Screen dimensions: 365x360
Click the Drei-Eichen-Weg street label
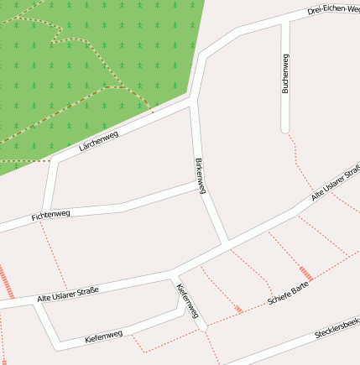tap(333, 9)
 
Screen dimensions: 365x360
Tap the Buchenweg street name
tap(285, 74)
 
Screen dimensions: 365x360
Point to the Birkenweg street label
tap(201, 175)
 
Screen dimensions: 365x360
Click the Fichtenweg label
tap(50, 216)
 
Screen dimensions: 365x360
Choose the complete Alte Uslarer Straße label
tap(68, 295)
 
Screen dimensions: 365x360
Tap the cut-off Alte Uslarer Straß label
tap(335, 183)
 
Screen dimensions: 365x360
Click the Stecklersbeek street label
tap(337, 328)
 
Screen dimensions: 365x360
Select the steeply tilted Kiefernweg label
tap(188, 301)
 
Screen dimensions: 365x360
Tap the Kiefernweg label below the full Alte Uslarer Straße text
tap(104, 336)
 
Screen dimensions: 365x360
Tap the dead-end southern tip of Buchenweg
tap(285, 130)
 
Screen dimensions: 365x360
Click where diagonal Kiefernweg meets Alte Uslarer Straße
tap(174, 273)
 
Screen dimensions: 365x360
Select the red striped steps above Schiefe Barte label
tap(306, 273)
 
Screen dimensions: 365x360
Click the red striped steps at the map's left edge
tap(8, 281)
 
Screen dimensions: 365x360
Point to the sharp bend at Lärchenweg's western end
tap(54, 159)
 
